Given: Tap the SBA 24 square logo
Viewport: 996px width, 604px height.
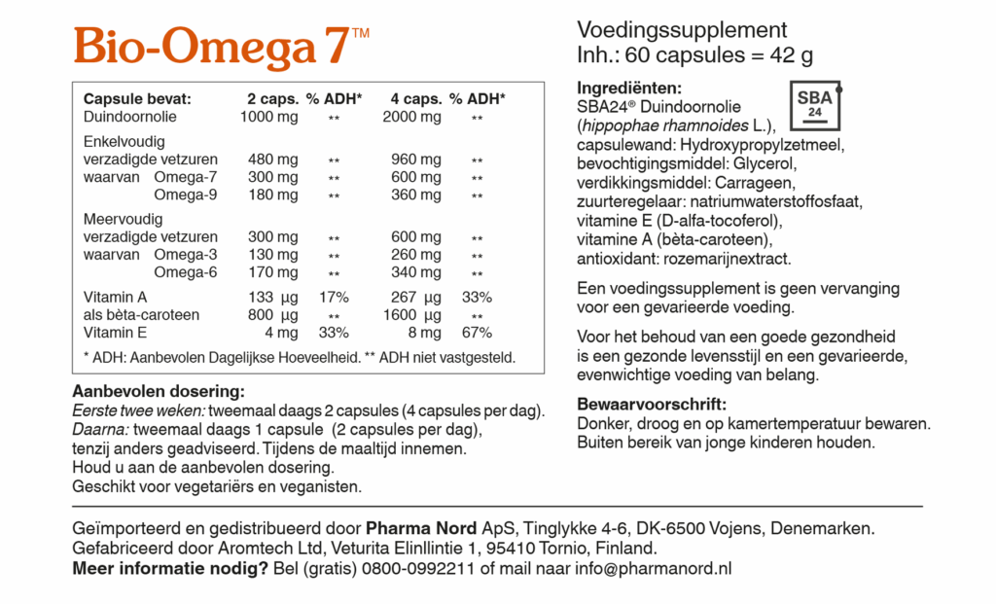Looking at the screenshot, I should coord(814,105).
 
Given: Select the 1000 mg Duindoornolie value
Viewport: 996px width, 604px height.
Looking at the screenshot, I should coord(269,118).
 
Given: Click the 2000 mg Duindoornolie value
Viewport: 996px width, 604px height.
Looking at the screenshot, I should coord(412,118).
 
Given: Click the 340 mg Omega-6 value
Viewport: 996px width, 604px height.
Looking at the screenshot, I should coord(416,272).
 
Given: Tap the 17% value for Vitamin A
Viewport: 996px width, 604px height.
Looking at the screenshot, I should coord(334,297).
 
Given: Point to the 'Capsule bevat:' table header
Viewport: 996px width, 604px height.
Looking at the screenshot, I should coord(137,99).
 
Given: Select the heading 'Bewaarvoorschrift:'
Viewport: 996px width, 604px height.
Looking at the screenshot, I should coord(652,406).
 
